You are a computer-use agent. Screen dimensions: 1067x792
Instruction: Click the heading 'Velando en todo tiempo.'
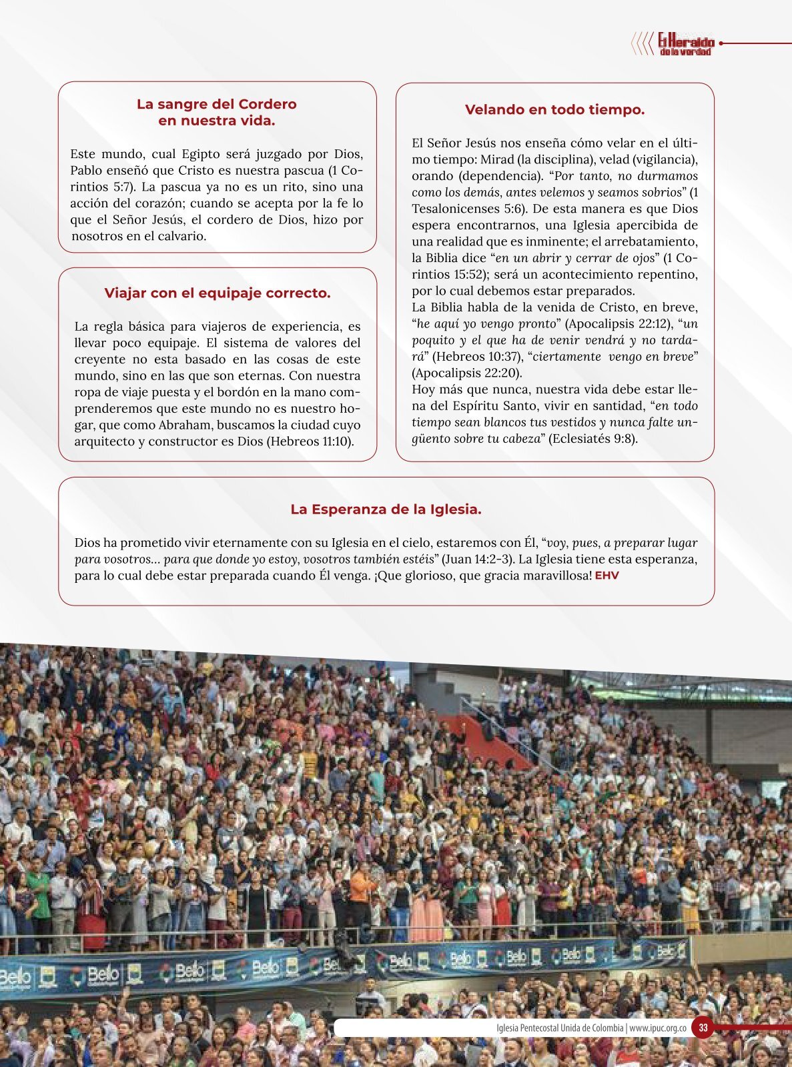554,110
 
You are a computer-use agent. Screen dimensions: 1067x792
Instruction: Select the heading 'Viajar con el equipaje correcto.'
217,293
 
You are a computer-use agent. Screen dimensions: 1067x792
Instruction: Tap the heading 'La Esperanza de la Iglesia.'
386,509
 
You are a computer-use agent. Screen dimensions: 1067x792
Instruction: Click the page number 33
703,1028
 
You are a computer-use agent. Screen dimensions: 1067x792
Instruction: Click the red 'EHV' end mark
607,576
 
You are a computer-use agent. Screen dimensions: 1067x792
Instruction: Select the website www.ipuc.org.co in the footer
658,1028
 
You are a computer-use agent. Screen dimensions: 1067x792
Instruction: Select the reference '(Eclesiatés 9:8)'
593,439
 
